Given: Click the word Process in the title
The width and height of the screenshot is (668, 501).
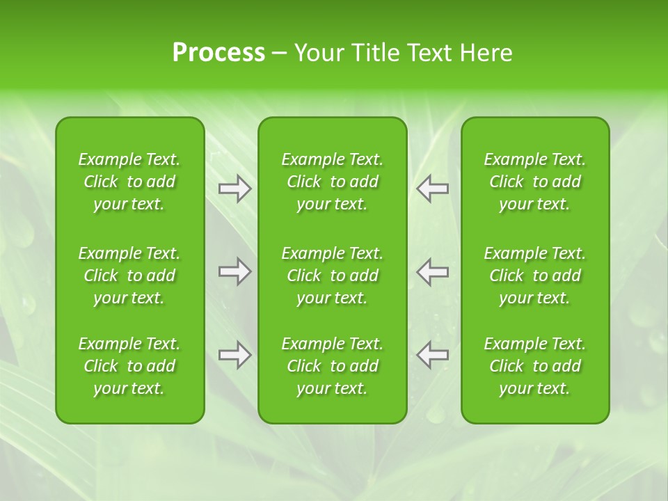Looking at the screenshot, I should point(218,53).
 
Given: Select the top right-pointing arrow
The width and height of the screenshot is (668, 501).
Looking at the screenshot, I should point(235,189).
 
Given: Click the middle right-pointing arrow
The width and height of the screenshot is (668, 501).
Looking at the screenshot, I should point(235,271).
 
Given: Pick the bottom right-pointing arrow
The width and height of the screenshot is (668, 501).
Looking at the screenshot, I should point(235,355).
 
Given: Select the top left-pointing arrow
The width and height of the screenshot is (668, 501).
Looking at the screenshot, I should point(433,189).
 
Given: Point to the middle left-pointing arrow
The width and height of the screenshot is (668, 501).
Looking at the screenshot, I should point(433,271).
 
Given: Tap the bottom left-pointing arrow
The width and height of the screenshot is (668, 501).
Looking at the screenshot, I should point(433,355).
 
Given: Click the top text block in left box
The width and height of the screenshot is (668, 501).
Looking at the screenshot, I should point(129,182).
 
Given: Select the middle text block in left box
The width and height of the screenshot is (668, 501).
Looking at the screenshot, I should point(129,276).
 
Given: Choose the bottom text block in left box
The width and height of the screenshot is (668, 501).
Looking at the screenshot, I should point(129,366).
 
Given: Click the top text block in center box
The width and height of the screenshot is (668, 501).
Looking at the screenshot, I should point(333,182).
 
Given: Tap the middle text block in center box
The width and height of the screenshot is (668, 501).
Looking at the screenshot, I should point(333,276).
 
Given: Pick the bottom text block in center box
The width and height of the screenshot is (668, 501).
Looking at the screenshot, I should point(333,366).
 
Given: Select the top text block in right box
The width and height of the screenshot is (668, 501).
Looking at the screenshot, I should point(535,182).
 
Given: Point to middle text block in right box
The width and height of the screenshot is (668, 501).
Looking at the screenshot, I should point(535,276).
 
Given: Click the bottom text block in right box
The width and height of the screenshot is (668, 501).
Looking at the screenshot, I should point(535,366).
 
